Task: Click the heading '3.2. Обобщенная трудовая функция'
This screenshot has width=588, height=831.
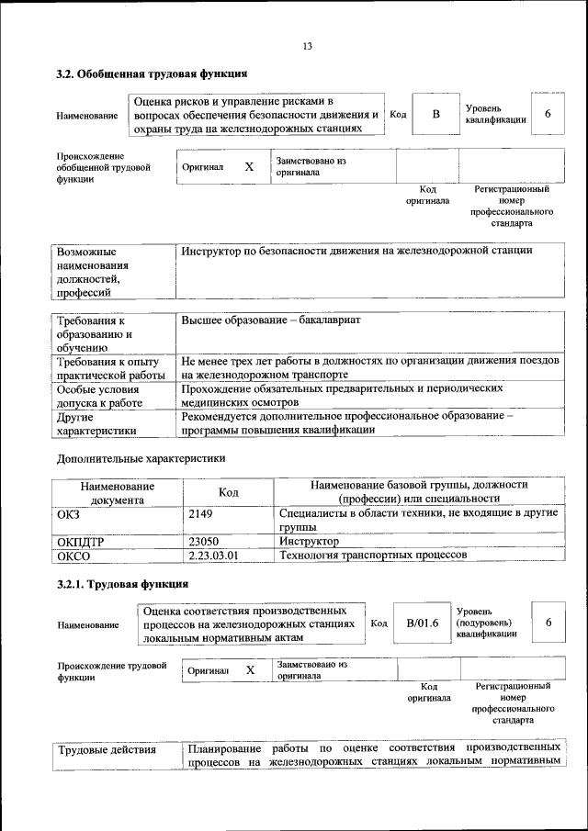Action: [153, 73]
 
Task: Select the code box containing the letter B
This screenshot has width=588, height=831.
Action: [435, 114]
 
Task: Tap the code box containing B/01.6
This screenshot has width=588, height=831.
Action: [423, 623]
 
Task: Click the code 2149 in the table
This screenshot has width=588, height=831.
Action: [200, 514]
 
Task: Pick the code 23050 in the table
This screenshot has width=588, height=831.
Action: [203, 542]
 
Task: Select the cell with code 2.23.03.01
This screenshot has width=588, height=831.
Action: [212, 556]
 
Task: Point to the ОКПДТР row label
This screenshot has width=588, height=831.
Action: [81, 542]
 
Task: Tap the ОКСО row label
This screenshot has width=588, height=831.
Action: [74, 556]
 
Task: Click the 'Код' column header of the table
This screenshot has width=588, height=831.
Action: [229, 492]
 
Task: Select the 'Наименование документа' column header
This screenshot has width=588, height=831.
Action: [117, 492]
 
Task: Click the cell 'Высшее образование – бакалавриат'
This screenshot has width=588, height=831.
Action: [272, 321]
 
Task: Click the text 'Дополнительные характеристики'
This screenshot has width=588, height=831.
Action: [141, 457]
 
